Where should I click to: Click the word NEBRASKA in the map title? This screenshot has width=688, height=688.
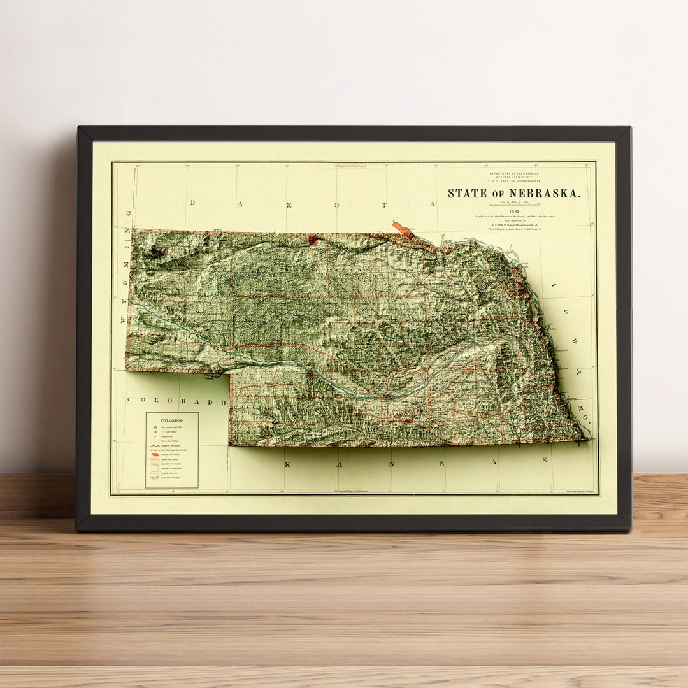click(545, 193)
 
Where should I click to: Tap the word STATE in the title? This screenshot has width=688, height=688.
click(468, 193)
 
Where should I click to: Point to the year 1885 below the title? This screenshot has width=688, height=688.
click(514, 211)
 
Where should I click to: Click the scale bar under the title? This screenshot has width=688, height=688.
click(514, 204)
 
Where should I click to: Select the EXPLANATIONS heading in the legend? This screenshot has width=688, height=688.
click(171, 421)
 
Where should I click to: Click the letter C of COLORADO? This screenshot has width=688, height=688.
click(130, 401)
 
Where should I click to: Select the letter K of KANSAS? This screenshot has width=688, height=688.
click(287, 464)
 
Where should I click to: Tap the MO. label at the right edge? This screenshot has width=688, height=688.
click(578, 405)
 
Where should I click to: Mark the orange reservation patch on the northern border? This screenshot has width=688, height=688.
click(403, 229)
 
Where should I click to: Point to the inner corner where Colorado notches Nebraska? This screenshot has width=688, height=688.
click(230, 373)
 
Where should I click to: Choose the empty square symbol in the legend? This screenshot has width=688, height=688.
click(154, 469)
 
